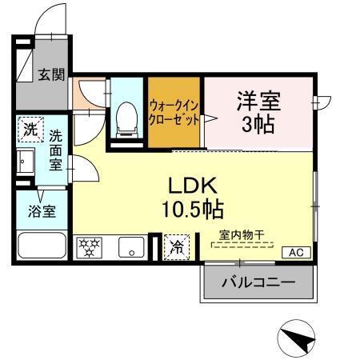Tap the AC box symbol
click(x=296, y=253)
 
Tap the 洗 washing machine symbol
click(x=30, y=129)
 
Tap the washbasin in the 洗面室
click(x=23, y=162)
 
